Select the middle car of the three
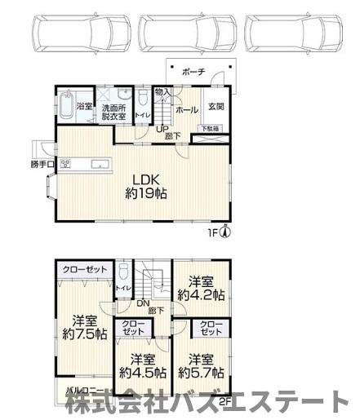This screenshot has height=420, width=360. [190, 34]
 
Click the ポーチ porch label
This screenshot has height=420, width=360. [193, 71]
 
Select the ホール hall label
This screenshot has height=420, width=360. [185, 108]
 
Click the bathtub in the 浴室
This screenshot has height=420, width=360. [64, 107]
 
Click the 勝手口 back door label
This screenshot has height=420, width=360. [42, 164]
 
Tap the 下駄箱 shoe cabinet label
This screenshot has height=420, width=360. [211, 129]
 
